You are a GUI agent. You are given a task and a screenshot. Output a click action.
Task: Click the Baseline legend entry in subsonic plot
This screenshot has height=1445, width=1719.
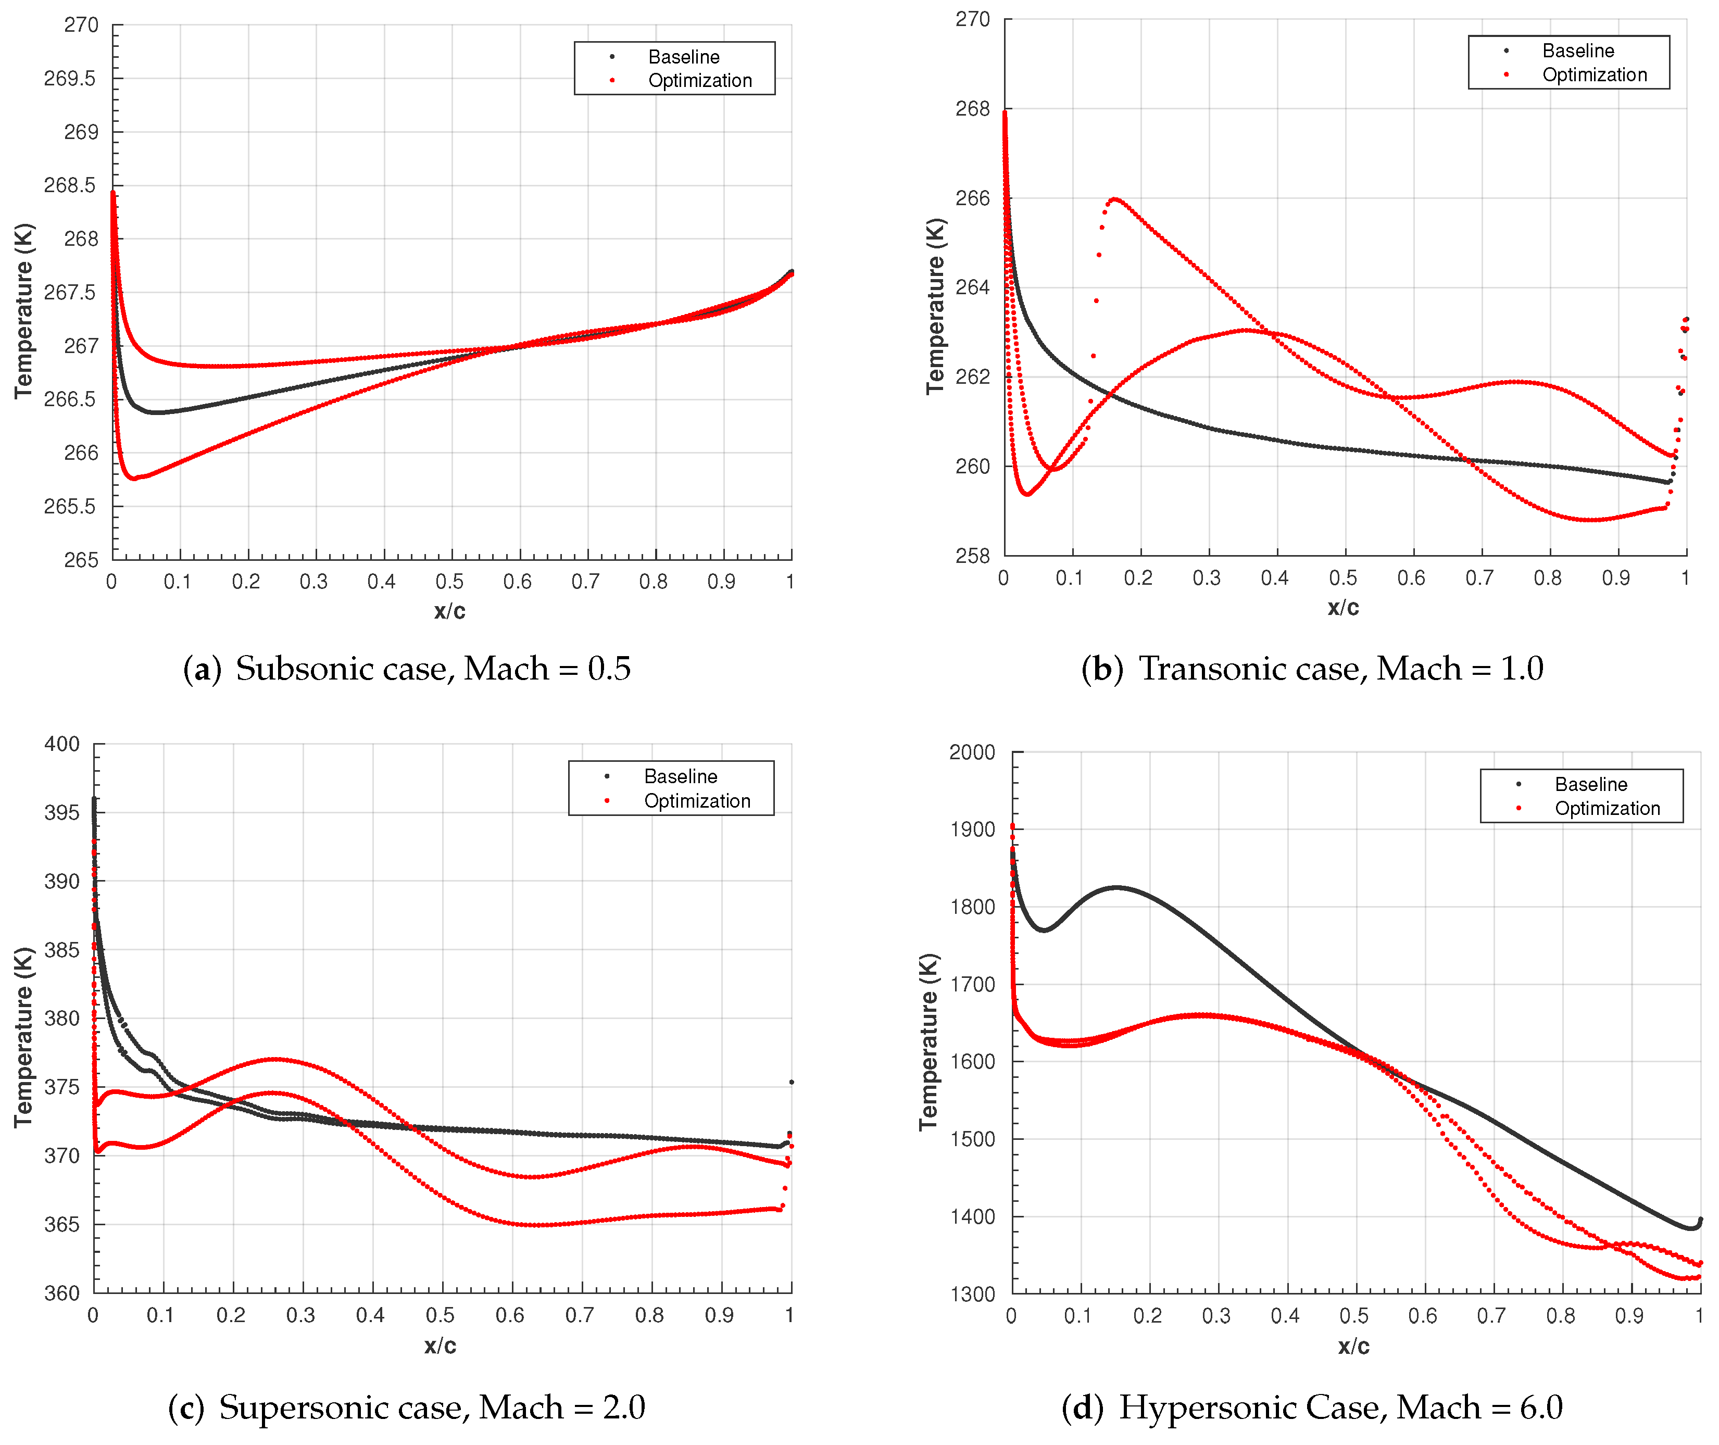pos(683,57)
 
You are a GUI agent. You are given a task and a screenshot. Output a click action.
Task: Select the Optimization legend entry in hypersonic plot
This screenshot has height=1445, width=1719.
pos(1606,809)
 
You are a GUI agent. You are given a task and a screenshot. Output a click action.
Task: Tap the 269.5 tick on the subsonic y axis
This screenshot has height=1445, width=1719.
pos(70,79)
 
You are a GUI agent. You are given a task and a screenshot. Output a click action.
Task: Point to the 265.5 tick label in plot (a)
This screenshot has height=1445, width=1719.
pos(70,506)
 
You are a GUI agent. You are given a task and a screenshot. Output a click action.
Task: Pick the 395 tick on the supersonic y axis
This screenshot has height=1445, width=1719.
pos(62,813)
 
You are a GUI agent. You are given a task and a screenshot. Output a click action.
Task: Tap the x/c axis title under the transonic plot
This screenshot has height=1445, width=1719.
pos(1343,608)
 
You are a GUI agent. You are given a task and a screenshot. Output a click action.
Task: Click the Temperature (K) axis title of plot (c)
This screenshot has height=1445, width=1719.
pos(23,1036)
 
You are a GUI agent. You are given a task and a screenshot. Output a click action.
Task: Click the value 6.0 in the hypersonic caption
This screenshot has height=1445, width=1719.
pos(1540,1408)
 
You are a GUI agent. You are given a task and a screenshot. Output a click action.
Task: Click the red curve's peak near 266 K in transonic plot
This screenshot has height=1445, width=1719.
pos(1114,199)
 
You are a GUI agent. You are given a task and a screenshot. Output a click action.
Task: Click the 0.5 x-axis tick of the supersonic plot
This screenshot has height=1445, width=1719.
pos(441,1315)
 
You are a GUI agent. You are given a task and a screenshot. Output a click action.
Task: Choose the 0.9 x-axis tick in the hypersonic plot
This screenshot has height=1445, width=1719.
pos(1629,1315)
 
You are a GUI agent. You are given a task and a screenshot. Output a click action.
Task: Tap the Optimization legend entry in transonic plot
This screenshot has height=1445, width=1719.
pos(1593,74)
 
